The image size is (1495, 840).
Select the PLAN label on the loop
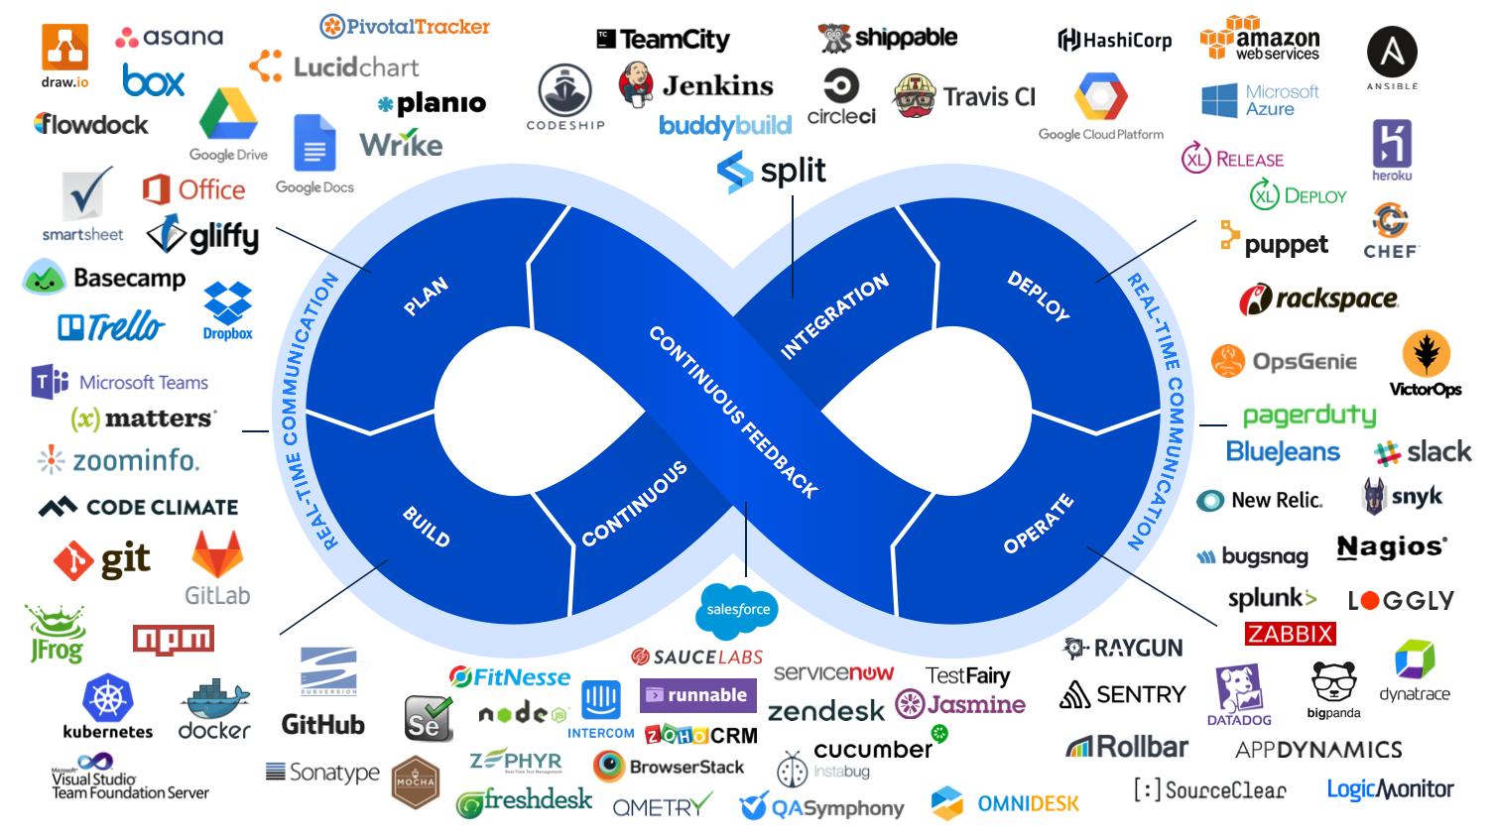426,297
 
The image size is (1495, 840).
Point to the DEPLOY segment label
1039,296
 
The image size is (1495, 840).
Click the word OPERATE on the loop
1039,523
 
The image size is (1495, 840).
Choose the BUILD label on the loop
426,527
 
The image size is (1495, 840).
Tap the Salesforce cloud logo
737,608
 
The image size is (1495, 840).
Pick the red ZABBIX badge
1290,634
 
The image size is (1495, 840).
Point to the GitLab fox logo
217,555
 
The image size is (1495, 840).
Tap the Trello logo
110,326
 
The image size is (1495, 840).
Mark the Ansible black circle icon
1392,52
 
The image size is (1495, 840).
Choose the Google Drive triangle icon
228,115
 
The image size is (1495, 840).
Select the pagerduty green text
1308,416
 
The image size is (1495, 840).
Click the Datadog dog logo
1238,689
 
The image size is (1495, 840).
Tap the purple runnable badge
697,695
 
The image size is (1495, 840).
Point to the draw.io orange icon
64,48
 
